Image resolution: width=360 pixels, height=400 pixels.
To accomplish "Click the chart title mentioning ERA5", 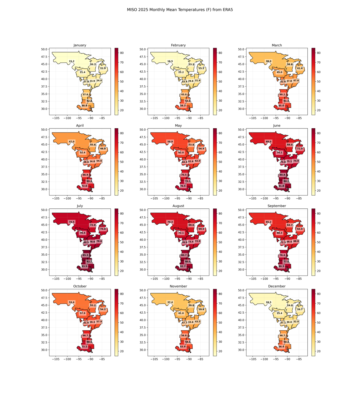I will pos(180,10).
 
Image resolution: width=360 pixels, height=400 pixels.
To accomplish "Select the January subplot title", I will pos(80,45).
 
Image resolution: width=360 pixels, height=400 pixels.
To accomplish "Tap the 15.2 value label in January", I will pos(71,61).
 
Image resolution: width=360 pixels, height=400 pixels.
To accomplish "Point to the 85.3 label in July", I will pos(86,255).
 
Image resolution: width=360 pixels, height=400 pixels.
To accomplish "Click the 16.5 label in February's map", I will pos(170,61).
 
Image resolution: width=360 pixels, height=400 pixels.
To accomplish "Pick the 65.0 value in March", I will pos(281,106).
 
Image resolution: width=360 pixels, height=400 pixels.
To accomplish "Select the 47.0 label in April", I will pos(71,142).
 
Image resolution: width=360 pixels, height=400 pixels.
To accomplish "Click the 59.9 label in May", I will pos(170,142).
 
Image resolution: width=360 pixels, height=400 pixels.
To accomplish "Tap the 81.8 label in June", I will pos(281,186).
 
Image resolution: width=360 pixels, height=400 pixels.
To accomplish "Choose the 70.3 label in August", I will pos(170,222).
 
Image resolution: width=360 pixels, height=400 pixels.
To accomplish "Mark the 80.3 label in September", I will pos(281,266).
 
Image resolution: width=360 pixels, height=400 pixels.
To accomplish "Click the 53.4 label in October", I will pos(71,302).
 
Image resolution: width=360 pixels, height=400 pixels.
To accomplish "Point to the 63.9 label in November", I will pos(183,347).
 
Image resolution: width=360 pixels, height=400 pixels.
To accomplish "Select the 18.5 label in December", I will pos(268,302).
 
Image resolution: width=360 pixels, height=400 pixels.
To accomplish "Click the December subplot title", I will pos(277,286).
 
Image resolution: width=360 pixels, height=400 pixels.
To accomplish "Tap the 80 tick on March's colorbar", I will pos(319,53).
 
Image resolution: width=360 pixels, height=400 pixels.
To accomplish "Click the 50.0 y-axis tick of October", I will pos(44,290).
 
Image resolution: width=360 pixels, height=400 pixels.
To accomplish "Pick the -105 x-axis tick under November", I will pos(154,359).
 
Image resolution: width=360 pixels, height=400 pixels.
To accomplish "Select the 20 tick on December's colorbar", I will pos(319,351).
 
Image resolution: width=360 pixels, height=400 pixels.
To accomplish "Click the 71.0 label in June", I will pos(300,149).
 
